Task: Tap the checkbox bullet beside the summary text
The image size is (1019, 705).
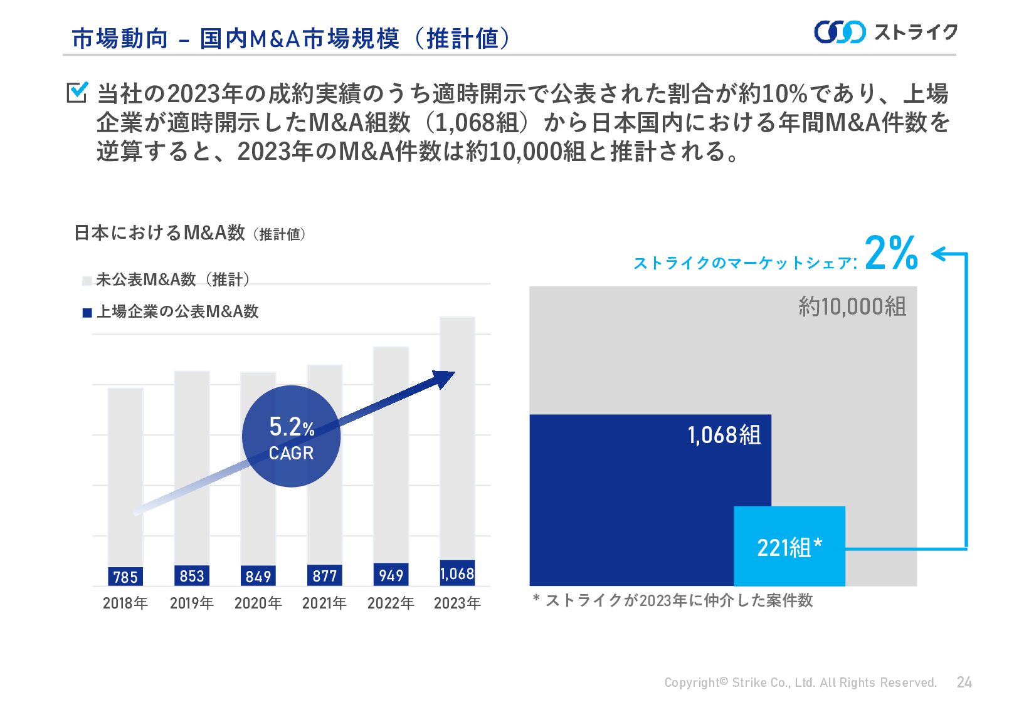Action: [x=77, y=92]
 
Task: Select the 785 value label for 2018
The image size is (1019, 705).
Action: [x=125, y=577]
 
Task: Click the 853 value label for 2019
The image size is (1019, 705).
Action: [x=192, y=575]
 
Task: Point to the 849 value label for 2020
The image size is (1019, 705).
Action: [x=258, y=576]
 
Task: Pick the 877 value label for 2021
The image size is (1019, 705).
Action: [x=325, y=575]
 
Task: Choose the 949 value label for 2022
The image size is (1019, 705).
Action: [x=391, y=575]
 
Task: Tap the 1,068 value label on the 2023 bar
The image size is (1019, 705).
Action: [x=457, y=573]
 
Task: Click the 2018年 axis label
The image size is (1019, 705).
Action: [x=125, y=603]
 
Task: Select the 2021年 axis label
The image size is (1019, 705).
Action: [x=324, y=603]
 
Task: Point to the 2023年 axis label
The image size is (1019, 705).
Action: [x=457, y=603]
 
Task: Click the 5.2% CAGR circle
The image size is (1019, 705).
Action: [x=291, y=437]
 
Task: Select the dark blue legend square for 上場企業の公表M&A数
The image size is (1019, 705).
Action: [x=87, y=313]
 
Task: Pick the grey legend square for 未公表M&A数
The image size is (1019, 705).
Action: [x=87, y=281]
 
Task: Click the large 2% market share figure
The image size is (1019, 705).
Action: [x=891, y=254]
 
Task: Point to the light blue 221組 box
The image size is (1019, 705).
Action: [x=789, y=546]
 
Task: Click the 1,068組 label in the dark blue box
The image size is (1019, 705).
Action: [x=724, y=434]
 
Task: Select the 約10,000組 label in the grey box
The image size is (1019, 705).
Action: [x=852, y=306]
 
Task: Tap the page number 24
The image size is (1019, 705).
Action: [x=964, y=682]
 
